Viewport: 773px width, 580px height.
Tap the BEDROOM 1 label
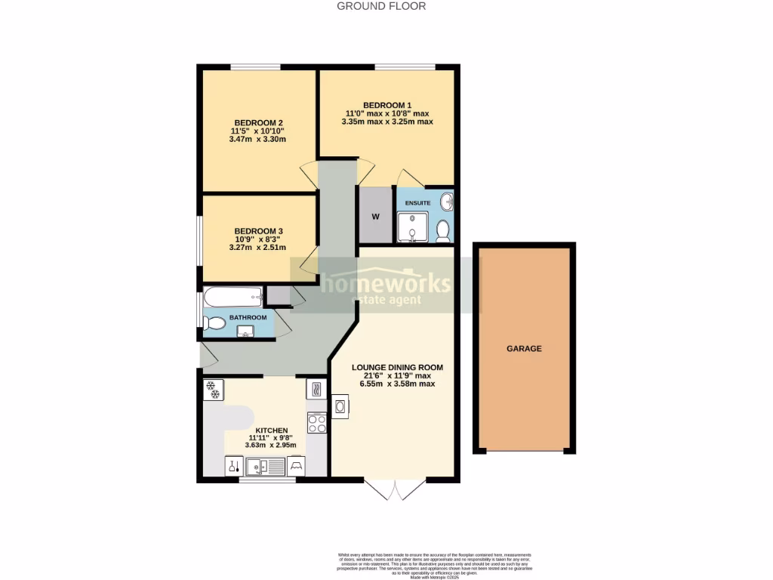pos(386,105)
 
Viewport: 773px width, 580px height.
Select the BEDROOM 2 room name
pos(258,123)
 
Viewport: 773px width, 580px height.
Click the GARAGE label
pos(524,349)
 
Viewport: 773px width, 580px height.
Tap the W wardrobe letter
pos(375,217)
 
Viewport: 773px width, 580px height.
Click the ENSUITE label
pos(417,203)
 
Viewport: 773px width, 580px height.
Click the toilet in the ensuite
pos(443,229)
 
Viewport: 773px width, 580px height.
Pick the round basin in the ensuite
pos(448,202)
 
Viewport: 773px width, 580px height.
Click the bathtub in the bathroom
pos(233,296)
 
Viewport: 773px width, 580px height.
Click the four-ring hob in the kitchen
pos(316,424)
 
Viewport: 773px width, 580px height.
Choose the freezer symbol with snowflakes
pos(214,390)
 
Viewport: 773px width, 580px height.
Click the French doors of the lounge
pos(394,489)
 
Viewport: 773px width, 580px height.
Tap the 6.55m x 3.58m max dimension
pos(397,384)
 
